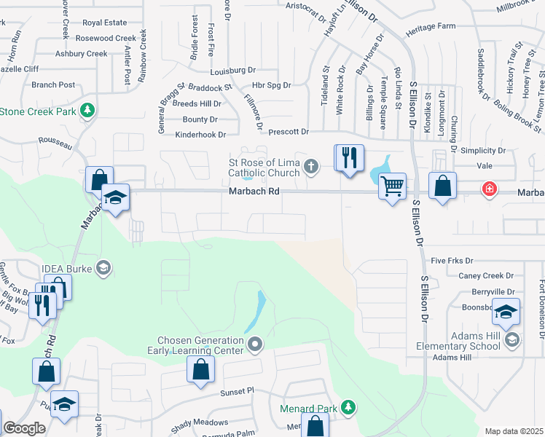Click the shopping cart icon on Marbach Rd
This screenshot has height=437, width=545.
click(x=392, y=188)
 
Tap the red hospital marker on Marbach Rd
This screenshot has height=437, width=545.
click(x=489, y=189)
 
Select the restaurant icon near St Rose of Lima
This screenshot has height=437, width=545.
click(x=349, y=157)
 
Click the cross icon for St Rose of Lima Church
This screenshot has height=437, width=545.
click(x=311, y=167)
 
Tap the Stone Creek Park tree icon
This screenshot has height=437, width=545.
click(x=87, y=111)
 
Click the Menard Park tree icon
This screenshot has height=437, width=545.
click(x=349, y=406)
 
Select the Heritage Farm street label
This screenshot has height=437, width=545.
click(x=431, y=25)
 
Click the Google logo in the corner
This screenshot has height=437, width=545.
click(x=23, y=428)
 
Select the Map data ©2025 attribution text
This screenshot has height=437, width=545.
click(x=513, y=431)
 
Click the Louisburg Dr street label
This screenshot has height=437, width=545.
click(x=232, y=71)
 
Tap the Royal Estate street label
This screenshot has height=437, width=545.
click(x=105, y=23)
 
